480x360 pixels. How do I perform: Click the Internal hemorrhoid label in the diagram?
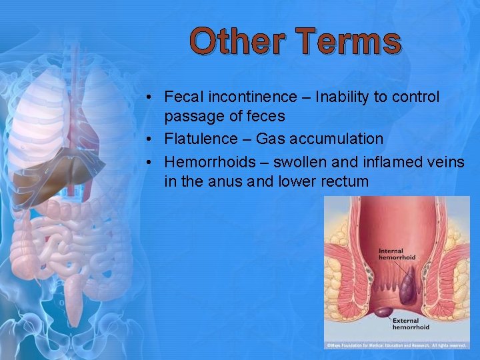(x=397, y=254)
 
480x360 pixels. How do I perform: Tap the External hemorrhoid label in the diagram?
(x=411, y=323)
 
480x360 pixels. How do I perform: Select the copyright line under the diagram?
(x=396, y=345)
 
